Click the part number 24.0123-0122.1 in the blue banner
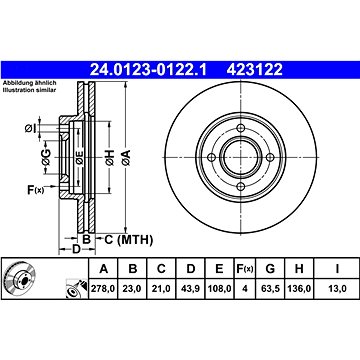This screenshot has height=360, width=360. (x=148, y=70)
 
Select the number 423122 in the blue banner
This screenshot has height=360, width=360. (x=255, y=70)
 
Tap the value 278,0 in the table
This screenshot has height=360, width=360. (x=102, y=289)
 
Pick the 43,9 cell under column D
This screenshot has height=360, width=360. (x=190, y=289)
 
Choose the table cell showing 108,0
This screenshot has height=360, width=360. (x=219, y=289)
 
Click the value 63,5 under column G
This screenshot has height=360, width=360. (x=270, y=289)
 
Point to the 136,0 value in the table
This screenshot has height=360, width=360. (x=299, y=289)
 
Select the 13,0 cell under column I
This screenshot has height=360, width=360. (x=337, y=289)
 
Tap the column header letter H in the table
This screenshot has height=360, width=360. (x=299, y=269)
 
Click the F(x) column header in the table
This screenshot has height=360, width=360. (x=245, y=269)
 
